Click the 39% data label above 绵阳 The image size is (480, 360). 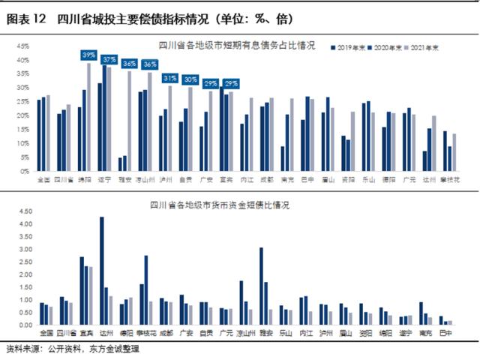click(88, 55)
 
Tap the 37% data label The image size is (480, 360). click(109, 59)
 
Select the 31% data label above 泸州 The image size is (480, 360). click(170, 78)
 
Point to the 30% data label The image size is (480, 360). click(190, 79)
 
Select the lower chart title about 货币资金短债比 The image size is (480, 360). click(219, 204)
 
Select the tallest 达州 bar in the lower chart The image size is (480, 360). click(102, 271)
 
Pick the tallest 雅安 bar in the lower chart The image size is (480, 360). click(261, 286)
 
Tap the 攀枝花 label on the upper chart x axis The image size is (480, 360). click(449, 181)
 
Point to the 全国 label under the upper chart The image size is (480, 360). click(43, 181)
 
